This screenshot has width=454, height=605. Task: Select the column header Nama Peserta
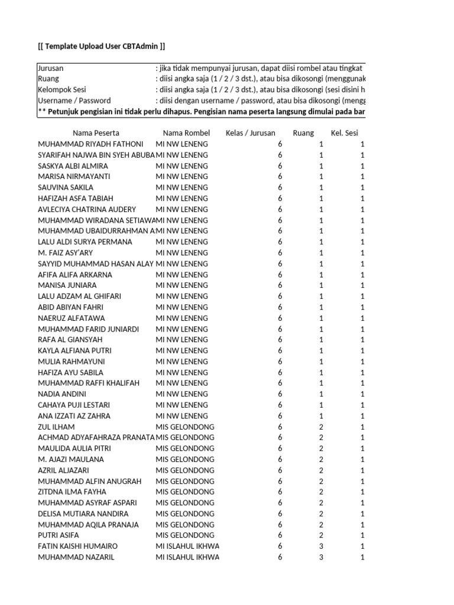coord(96,133)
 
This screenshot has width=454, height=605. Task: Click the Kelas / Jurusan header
coord(250,133)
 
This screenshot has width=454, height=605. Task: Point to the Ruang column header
coord(303,133)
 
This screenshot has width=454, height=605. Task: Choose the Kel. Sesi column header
coord(344,133)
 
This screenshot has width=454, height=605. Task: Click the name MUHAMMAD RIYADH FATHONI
coord(90,144)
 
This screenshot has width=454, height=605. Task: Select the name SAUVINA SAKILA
coord(66,187)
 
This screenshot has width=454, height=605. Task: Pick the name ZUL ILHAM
coord(56,427)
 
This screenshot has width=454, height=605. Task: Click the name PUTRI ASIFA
coord(59,535)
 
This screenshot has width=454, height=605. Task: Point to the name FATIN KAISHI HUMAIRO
coord(77,546)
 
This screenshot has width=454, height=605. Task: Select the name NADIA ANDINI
coord(62,394)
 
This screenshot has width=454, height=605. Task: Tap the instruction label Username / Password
coord(74,100)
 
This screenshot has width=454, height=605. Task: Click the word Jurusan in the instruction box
coord(51,68)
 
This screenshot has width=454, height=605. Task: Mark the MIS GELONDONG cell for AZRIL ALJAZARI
coord(185,470)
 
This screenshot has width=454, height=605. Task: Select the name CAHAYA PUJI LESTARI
coord(74,405)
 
